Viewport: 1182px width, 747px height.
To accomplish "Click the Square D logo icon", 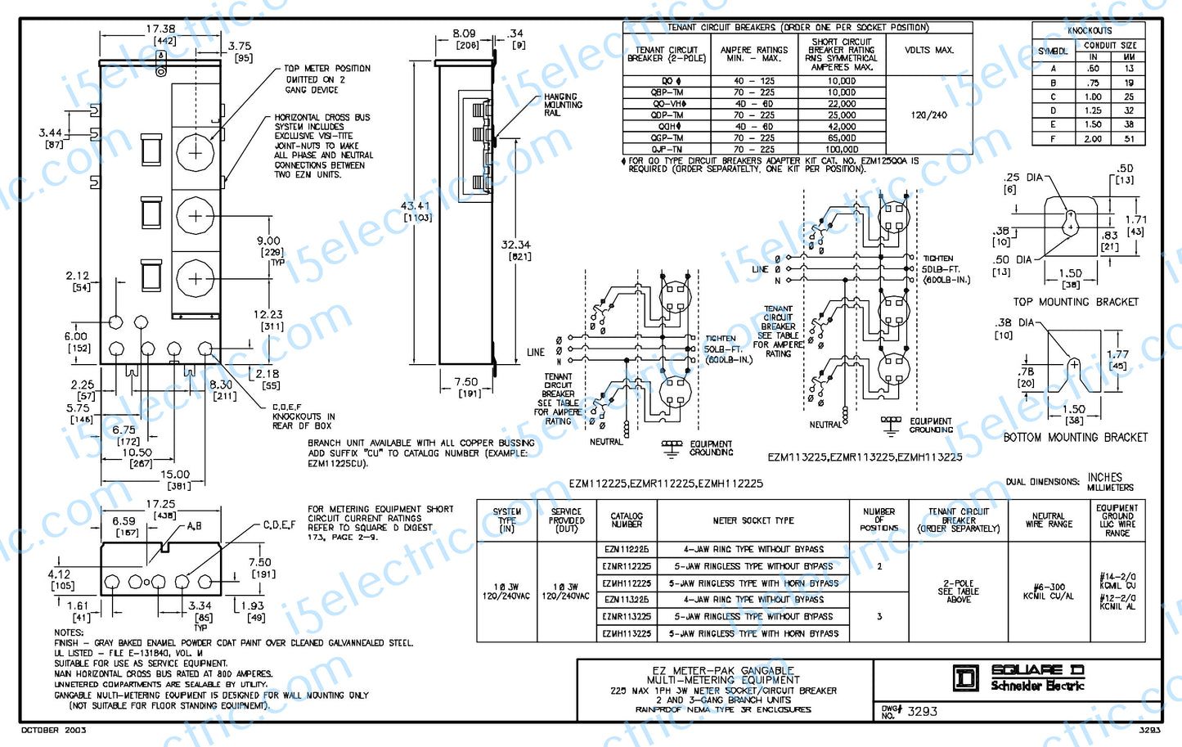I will pos(966,678).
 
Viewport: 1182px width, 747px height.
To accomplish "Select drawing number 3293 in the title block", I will pos(922,711).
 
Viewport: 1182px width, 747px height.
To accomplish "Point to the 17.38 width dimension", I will pos(160,29).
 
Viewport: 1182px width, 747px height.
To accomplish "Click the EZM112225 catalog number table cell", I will pos(627,550).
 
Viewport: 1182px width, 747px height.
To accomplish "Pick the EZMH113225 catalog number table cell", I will pos(627,633).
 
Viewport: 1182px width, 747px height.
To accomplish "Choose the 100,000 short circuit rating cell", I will pos(842,150).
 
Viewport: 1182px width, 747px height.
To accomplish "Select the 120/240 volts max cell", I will pos(928,115).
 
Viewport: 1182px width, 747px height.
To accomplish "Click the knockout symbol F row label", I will pos(1053,139).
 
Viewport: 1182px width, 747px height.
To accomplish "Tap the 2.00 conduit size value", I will pos(1093,139).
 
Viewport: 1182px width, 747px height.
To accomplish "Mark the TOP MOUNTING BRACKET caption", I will pos(1075,302).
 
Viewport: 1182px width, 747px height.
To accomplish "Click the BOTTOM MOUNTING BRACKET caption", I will pos(1075,438).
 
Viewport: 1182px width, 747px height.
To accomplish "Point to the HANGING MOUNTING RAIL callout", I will pos(563,105).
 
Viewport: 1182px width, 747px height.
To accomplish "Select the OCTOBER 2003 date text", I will pos(53,730).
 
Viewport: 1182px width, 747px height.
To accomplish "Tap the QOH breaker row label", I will pos(667,127).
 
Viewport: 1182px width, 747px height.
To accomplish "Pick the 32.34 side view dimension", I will pos(515,245).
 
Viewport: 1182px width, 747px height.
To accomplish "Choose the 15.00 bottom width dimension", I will pos(174,475).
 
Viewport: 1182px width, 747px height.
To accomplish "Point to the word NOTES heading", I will pos(69,632).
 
